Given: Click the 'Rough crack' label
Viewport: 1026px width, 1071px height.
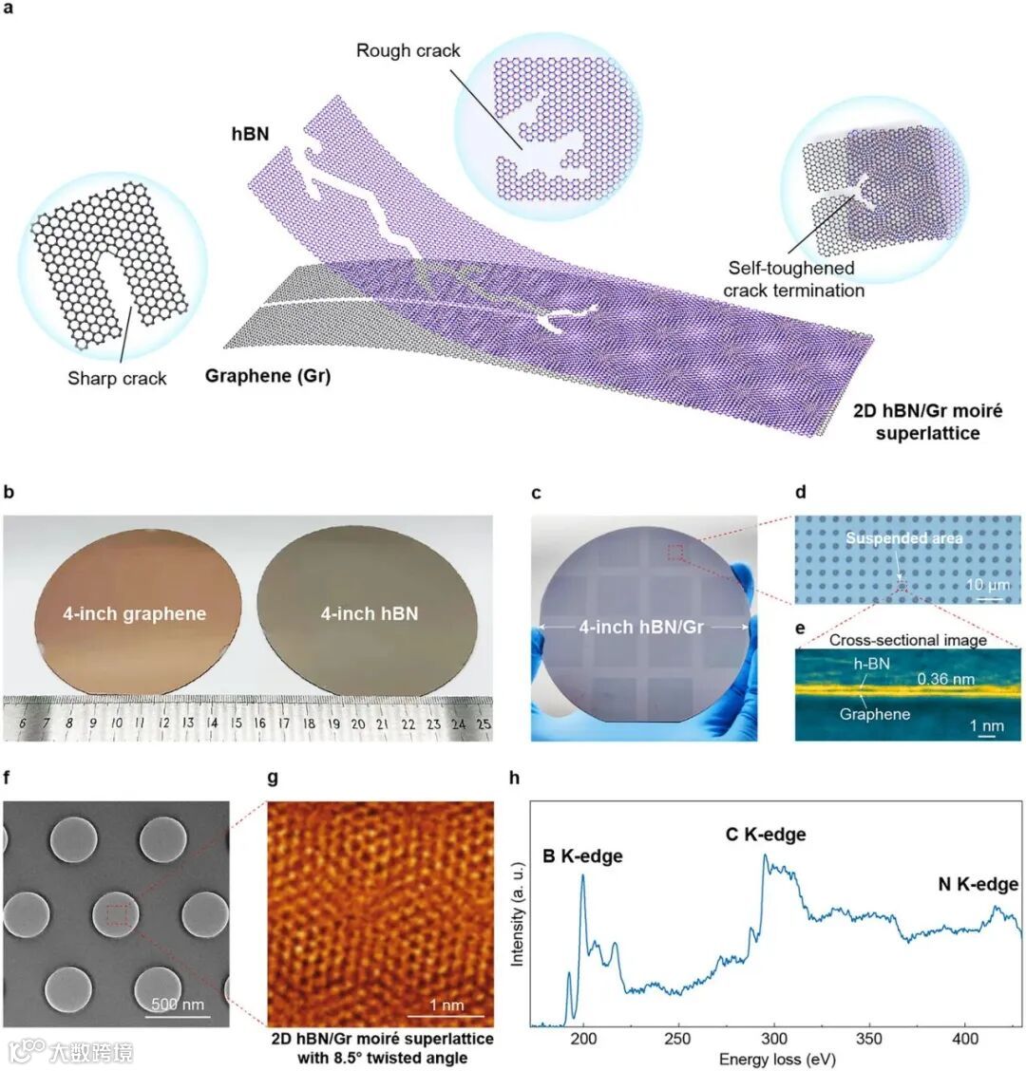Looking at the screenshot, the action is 408,49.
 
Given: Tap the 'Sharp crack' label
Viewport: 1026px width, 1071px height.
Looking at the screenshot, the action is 117,378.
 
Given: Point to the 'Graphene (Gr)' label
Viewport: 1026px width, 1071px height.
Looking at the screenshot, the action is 268,376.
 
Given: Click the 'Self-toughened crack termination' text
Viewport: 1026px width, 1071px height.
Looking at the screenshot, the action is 793,279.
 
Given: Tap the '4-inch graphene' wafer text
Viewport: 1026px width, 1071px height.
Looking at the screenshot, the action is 134,613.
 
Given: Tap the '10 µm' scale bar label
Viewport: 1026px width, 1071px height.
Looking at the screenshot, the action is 988,585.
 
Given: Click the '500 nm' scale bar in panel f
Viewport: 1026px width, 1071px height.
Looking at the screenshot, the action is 179,1004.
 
